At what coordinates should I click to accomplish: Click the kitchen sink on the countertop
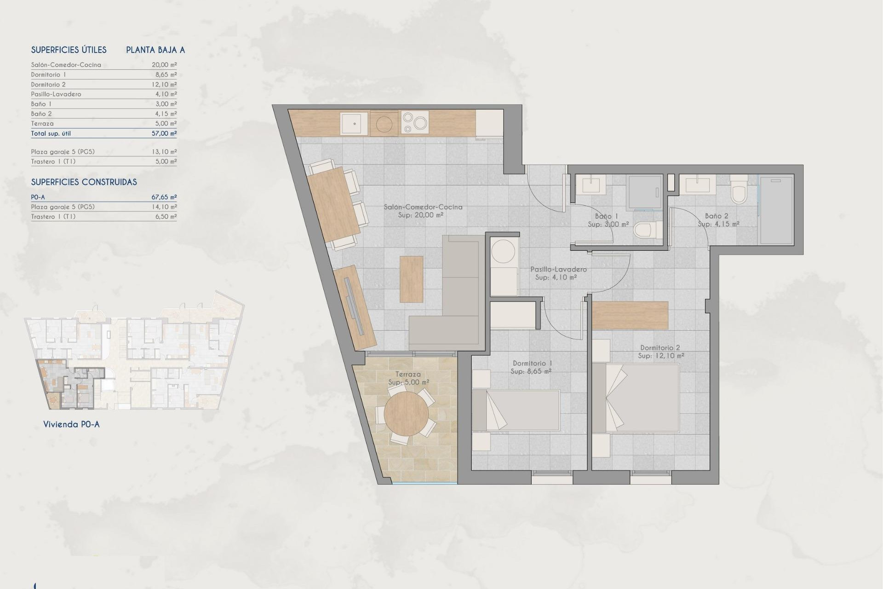(x=354, y=124)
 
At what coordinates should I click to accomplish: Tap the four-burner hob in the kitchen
(x=415, y=123)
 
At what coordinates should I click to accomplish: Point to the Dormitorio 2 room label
(x=660, y=348)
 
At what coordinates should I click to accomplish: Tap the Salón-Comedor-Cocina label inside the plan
(x=423, y=207)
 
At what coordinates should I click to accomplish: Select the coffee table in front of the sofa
(x=411, y=279)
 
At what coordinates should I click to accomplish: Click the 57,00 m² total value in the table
(x=164, y=133)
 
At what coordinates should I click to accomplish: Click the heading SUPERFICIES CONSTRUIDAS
(x=84, y=182)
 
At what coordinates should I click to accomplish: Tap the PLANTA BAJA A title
(x=155, y=50)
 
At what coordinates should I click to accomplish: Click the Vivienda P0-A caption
(x=71, y=425)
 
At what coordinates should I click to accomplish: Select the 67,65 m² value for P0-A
(x=164, y=197)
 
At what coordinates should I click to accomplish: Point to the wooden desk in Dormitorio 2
(x=630, y=315)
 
